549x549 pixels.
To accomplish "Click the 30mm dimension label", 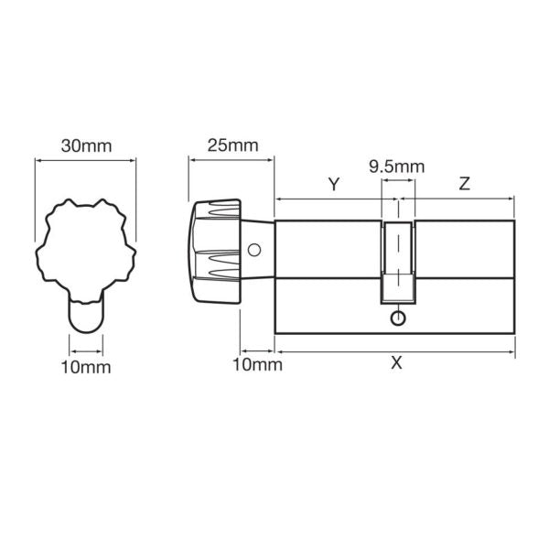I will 84,145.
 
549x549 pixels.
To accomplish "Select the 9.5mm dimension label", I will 396,167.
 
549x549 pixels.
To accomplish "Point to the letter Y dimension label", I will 334,184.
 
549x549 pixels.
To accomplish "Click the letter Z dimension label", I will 464,184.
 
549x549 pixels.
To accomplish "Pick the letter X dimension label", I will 395,362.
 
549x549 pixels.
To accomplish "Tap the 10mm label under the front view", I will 87,367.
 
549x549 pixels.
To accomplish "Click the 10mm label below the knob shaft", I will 257,365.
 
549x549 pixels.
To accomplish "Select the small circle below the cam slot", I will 396,318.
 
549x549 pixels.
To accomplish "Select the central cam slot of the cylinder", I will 397,261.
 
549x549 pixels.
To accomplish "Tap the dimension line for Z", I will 464,197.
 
